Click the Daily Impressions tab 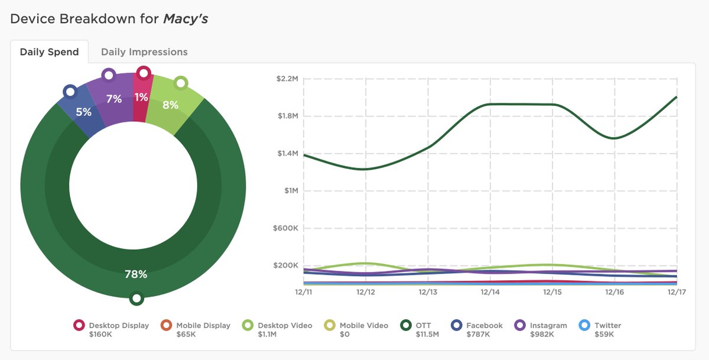(x=144, y=52)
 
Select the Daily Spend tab (x=49, y=52)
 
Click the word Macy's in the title (x=185, y=19)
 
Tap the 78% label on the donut (x=136, y=274)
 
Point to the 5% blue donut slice (x=83, y=112)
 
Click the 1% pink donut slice (x=141, y=98)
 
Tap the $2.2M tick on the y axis (x=287, y=79)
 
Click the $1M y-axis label (x=290, y=191)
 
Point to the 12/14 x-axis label (x=490, y=292)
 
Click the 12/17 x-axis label (x=677, y=292)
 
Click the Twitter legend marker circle (x=584, y=325)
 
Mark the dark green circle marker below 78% (x=136, y=299)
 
